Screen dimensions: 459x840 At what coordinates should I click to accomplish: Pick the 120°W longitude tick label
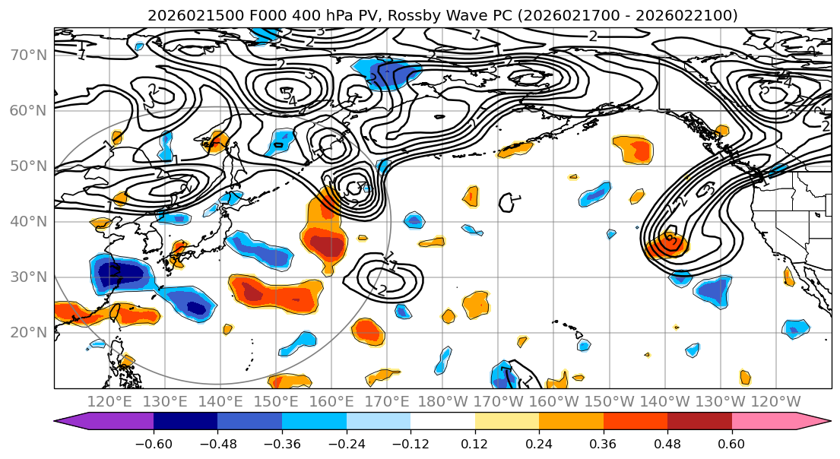[775, 401]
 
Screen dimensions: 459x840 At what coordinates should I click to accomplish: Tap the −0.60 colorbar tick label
[154, 442]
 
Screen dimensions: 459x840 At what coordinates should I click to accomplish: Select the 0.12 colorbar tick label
[475, 442]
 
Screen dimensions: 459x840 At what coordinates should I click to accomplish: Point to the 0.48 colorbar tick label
[667, 442]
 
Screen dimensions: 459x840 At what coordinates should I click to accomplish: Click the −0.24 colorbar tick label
[346, 442]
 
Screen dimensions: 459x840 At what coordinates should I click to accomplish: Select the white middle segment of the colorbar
[442, 423]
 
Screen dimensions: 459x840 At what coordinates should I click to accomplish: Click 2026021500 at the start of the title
[185, 15]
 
